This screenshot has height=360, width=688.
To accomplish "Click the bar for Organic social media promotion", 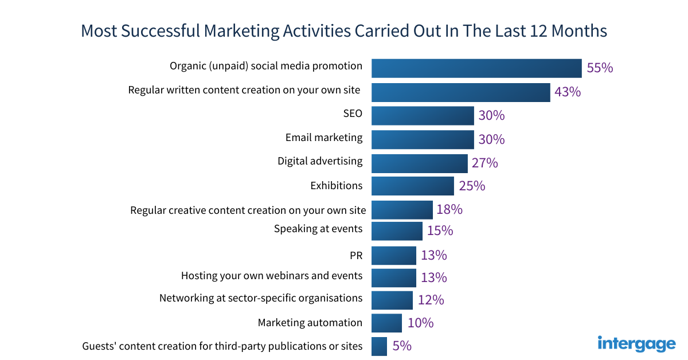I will [x=476, y=68].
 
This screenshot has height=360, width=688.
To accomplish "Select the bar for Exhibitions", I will [x=413, y=186].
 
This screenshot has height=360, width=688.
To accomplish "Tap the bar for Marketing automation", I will [x=386, y=323].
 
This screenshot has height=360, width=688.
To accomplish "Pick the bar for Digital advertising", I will [x=420, y=163].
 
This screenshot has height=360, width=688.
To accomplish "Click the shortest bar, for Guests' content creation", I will [x=379, y=346].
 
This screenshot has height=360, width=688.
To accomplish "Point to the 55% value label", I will [x=600, y=68].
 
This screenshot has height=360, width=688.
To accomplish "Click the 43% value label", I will [x=568, y=92].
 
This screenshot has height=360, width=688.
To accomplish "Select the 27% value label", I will [x=484, y=163].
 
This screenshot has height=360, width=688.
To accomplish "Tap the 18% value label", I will [x=449, y=209].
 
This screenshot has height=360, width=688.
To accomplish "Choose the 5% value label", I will [x=402, y=346].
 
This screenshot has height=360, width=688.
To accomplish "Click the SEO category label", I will [x=353, y=114].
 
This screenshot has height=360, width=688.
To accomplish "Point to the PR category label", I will [x=355, y=255].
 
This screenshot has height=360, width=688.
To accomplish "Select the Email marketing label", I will [x=324, y=138].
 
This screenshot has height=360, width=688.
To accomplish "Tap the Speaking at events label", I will [x=318, y=229].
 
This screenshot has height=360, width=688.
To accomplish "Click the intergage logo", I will [x=636, y=343].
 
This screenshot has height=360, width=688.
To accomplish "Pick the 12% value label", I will [x=431, y=300].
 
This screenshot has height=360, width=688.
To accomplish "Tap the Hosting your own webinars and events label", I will [x=272, y=276].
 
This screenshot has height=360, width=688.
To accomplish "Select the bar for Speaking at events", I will [x=397, y=231].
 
